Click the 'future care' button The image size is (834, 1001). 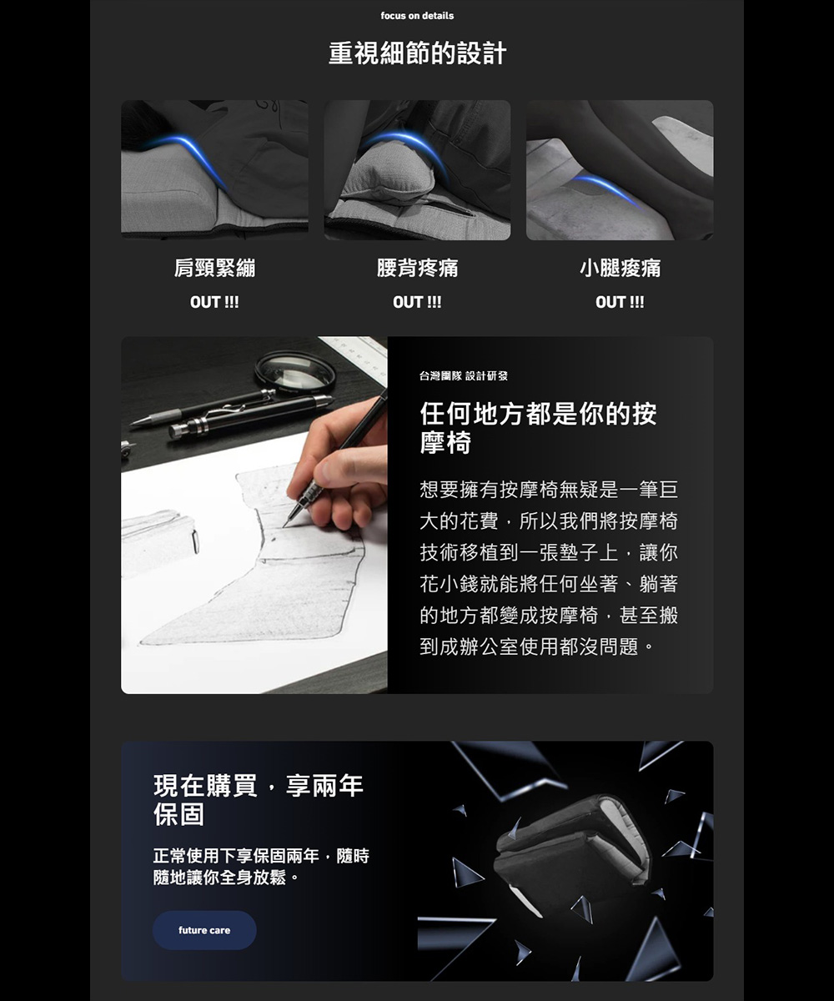click(x=204, y=930)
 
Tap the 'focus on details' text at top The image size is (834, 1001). click(x=417, y=16)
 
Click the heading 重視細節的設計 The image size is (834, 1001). click(x=417, y=53)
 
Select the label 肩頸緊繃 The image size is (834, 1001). click(x=214, y=268)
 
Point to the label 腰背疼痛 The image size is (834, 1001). click(x=417, y=268)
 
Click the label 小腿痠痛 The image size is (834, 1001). click(x=620, y=268)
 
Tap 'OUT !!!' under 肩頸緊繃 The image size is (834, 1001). click(x=214, y=302)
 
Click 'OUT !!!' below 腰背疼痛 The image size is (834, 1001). click(x=417, y=302)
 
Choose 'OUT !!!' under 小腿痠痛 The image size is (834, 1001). click(x=620, y=302)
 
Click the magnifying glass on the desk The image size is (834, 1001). click(x=295, y=372)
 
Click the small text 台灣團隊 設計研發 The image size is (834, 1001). click(x=464, y=376)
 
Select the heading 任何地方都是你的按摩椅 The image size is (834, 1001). click(x=538, y=428)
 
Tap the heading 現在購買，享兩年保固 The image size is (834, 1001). click(x=259, y=800)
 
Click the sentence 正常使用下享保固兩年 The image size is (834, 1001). click(x=236, y=856)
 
